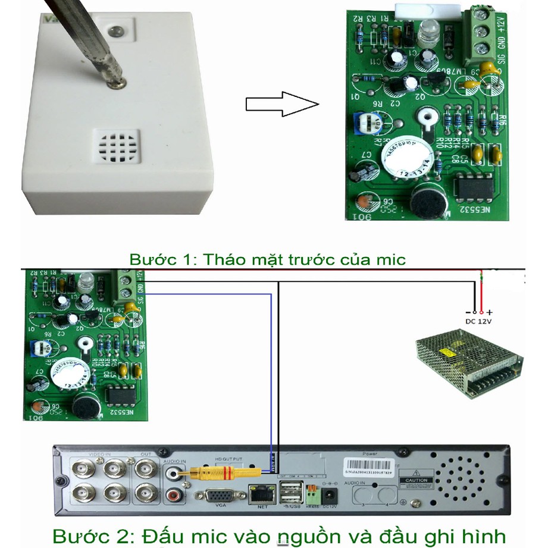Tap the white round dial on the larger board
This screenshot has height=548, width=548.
click(408, 158)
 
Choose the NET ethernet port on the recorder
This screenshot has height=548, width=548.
click(259, 493)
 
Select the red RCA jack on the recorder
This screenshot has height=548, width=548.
click(175, 493)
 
